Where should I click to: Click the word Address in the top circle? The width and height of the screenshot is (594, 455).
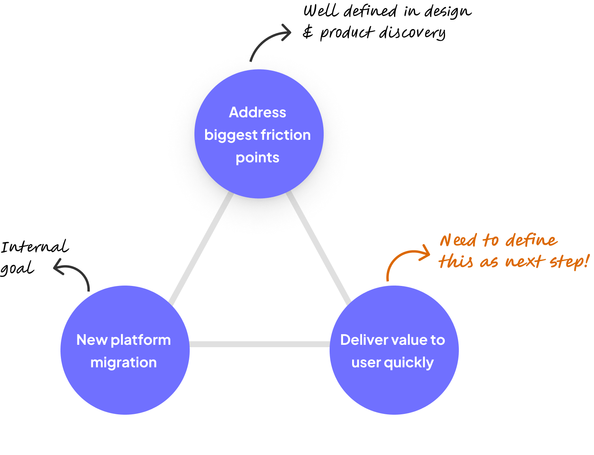(258, 112)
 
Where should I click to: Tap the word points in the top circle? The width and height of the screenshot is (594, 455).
(258, 158)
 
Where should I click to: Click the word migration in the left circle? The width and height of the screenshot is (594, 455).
(124, 363)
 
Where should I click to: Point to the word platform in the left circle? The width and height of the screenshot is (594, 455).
(141, 340)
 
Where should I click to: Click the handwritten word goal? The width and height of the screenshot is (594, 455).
(17, 268)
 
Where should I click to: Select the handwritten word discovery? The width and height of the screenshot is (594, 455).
(412, 33)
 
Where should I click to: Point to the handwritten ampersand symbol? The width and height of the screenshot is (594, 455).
(308, 32)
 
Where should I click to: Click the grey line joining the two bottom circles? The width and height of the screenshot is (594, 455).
(259, 344)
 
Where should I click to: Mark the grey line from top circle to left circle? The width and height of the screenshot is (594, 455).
(201, 248)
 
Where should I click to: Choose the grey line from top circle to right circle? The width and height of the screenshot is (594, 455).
(319, 248)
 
